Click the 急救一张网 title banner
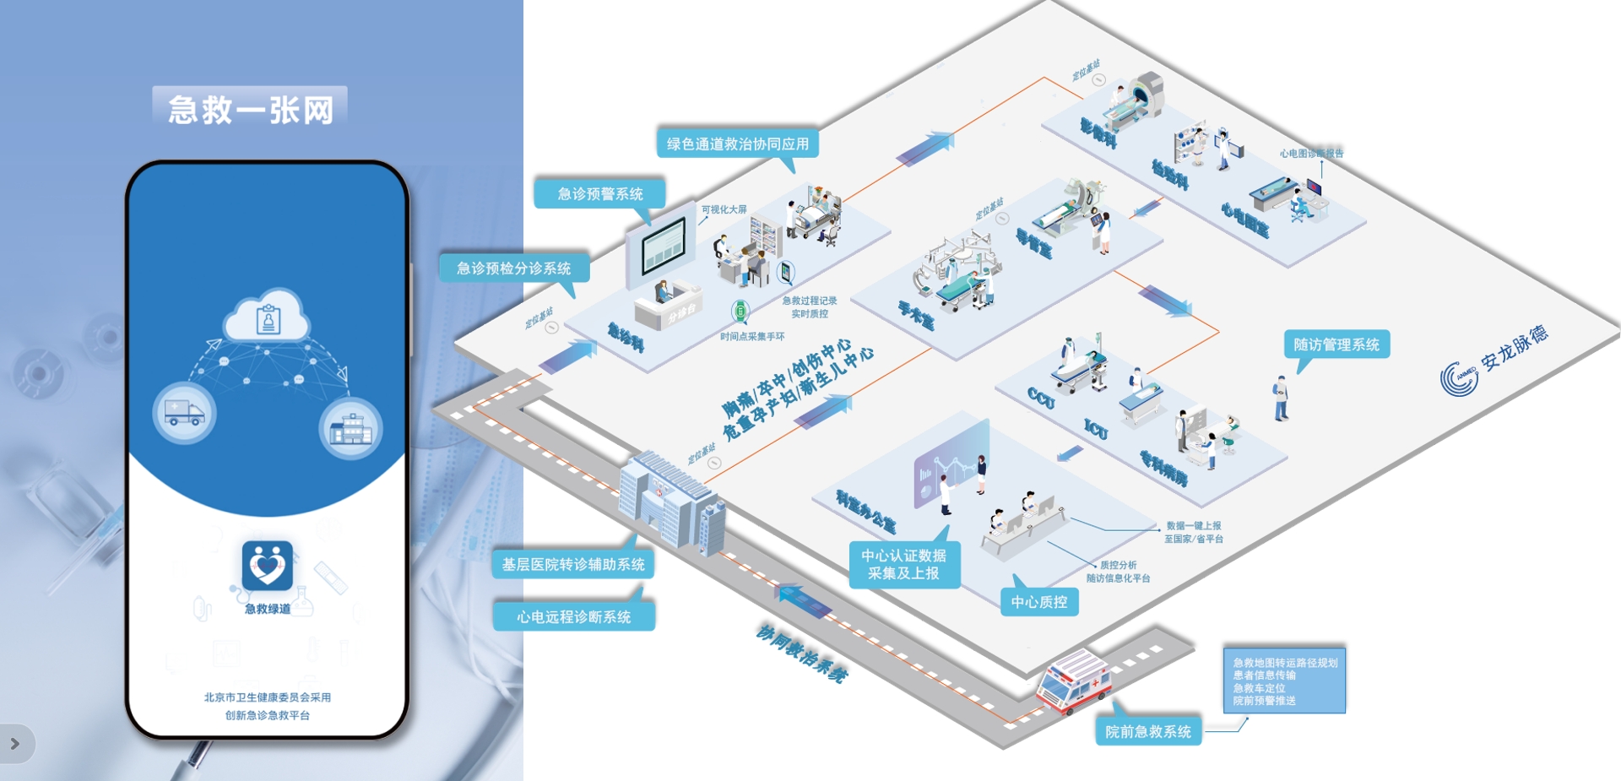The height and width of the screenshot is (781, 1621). click(x=250, y=109)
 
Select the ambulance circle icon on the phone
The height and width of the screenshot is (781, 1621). click(x=184, y=413)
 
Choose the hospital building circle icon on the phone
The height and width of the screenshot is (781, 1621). click(x=351, y=428)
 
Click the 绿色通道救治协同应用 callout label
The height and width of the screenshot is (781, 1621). click(x=737, y=144)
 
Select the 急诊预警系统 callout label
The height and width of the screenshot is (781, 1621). click(x=599, y=193)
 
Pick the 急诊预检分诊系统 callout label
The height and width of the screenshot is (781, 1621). click(x=513, y=268)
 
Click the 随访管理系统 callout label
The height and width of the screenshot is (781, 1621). click(x=1336, y=344)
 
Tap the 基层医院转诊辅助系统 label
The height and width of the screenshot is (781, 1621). click(x=573, y=564)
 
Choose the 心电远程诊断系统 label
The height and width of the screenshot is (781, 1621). click(x=573, y=616)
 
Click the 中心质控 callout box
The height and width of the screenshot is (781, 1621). click(x=1039, y=602)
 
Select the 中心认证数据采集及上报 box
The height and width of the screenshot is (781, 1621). click(x=903, y=564)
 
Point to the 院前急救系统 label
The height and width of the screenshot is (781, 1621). click(x=1148, y=731)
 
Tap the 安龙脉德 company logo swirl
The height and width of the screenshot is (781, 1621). click(x=1459, y=378)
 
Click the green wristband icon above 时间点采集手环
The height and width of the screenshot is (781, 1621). click(x=740, y=311)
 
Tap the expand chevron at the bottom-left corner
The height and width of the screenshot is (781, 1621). click(x=14, y=744)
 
